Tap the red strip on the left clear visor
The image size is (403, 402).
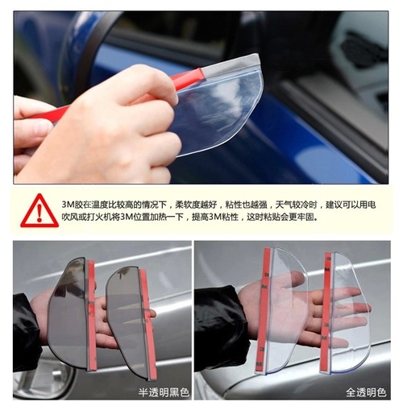pos(264,310)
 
